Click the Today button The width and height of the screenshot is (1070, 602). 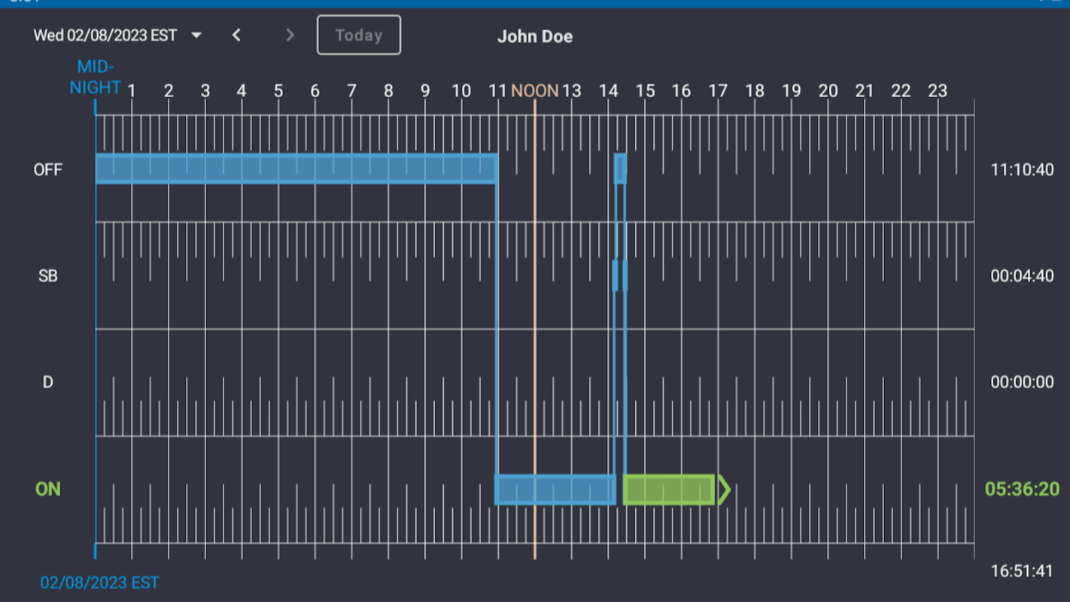click(358, 35)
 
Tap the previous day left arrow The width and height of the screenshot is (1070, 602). click(236, 35)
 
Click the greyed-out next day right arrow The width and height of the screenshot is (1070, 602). click(290, 35)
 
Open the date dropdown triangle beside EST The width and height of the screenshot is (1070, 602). click(196, 35)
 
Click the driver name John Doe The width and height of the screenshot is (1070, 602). click(534, 36)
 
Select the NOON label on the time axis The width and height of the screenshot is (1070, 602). click(534, 91)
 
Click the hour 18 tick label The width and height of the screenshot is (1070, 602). click(754, 91)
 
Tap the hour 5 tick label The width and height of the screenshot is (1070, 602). click(278, 91)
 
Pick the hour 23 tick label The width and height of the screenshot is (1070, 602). click(937, 91)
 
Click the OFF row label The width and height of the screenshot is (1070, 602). click(47, 169)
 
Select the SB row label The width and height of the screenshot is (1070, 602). click(47, 276)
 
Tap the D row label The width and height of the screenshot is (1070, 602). click(47, 382)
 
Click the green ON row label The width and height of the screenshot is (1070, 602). click(47, 489)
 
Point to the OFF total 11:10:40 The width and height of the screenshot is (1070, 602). click(1022, 169)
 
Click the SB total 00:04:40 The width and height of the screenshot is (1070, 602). click(1022, 276)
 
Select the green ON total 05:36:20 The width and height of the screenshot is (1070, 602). click(1022, 489)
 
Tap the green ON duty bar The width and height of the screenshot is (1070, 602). click(668, 490)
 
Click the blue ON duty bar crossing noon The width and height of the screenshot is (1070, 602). click(555, 490)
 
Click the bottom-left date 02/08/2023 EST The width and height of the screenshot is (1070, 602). click(99, 582)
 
